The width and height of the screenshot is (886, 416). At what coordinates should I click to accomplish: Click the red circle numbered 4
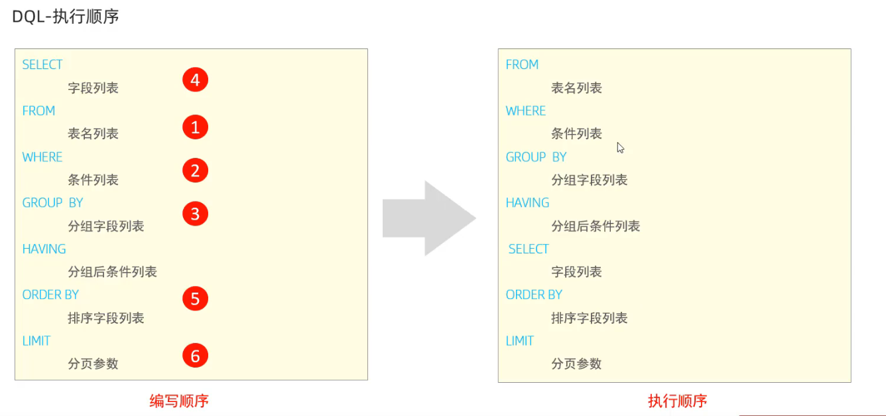[195, 80]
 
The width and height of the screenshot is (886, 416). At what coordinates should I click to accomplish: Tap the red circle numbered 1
[195, 127]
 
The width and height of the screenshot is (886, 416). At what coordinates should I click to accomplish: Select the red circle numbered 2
[195, 171]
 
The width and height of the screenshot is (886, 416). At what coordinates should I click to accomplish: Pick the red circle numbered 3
[195, 214]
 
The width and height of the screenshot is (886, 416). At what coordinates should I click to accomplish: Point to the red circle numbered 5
[195, 299]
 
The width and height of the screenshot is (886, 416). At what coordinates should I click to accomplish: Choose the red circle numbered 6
[195, 356]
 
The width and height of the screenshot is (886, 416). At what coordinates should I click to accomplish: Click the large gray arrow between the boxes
[429, 218]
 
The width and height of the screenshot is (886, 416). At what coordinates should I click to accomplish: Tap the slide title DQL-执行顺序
[66, 17]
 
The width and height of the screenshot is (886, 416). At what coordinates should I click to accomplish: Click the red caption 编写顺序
[179, 401]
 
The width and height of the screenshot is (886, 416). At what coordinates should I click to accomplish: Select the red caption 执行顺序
[677, 401]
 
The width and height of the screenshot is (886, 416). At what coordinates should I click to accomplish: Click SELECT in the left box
[42, 64]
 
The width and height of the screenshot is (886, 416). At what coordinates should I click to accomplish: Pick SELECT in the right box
[529, 249]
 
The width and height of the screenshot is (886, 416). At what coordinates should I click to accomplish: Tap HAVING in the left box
[44, 249]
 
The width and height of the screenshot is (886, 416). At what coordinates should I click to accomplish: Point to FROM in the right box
[522, 64]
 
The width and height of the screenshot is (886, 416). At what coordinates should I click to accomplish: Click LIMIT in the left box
[36, 341]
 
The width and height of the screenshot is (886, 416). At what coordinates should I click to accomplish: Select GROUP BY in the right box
[536, 157]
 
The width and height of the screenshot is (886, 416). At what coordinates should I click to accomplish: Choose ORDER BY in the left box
[50, 295]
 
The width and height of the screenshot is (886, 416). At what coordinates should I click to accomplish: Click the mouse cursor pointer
[620, 147]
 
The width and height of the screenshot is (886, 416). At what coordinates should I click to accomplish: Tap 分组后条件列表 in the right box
[596, 226]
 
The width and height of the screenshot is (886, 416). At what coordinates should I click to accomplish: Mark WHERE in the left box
[42, 157]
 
